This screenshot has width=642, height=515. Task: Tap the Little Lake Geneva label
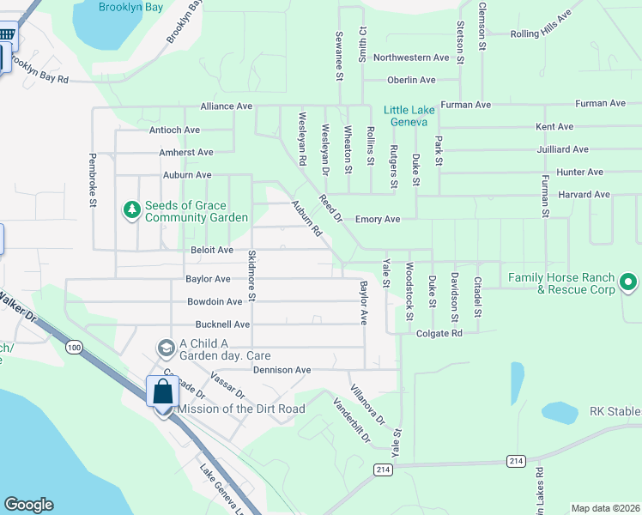tap(406, 116)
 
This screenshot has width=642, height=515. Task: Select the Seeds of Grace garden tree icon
tap(131, 210)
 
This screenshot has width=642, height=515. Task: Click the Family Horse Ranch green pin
tap(628, 282)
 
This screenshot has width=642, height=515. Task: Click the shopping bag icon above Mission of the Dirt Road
tap(162, 393)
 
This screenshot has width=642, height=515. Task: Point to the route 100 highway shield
tap(74, 347)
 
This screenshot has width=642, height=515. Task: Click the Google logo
tap(28, 505)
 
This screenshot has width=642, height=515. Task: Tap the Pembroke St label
tap(93, 180)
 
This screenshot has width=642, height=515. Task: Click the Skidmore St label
tap(252, 276)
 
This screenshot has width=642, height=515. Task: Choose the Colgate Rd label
tap(439, 333)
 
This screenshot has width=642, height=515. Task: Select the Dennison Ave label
tap(282, 370)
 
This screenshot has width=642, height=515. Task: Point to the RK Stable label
tap(615, 412)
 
